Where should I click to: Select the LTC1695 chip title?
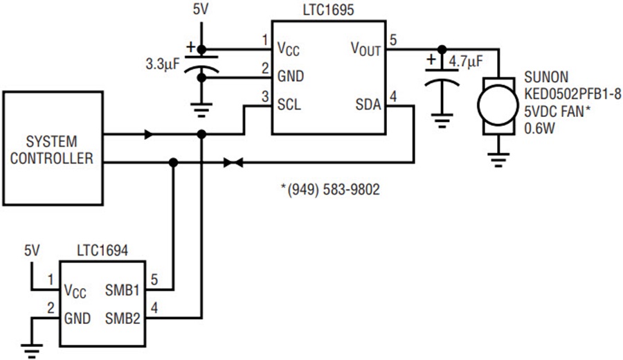pyautogui.click(x=328, y=10)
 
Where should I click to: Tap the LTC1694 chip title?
pyautogui.click(x=102, y=251)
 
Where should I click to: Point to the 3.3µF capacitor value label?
pyautogui.click(x=163, y=64)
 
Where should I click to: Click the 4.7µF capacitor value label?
pyautogui.click(x=466, y=62)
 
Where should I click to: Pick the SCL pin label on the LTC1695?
pyautogui.click(x=289, y=105)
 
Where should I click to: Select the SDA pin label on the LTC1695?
pyautogui.click(x=368, y=105)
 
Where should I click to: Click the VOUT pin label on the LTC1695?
pyautogui.click(x=365, y=48)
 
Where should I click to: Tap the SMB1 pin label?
pyautogui.click(x=122, y=290)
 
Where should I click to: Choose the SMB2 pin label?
pyautogui.click(x=123, y=318)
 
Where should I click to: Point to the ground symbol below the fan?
pyautogui.click(x=498, y=160)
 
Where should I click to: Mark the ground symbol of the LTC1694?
pyautogui.click(x=32, y=351)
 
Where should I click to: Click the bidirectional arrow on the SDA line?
pyautogui.click(x=233, y=163)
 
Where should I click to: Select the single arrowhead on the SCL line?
pyautogui.click(x=149, y=134)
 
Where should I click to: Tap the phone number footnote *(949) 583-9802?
pyautogui.click(x=330, y=189)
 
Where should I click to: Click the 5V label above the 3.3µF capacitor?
pyautogui.click(x=200, y=10)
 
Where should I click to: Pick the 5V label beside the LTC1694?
pyautogui.click(x=32, y=251)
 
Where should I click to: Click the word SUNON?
pyautogui.click(x=546, y=77)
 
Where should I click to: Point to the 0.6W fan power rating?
pyautogui.click(x=539, y=129)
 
